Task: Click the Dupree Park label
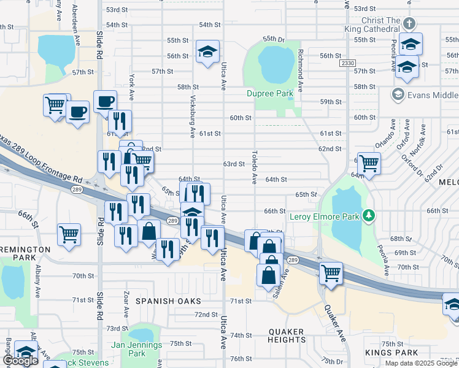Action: [x=271, y=94]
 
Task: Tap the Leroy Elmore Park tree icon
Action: [x=368, y=215]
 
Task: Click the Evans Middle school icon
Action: [x=398, y=94]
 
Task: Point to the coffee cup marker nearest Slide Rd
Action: [x=105, y=101]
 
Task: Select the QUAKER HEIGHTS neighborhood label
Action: [x=287, y=336]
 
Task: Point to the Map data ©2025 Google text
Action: [x=421, y=363]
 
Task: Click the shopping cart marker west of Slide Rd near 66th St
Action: [x=69, y=234]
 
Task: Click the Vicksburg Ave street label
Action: [x=192, y=116]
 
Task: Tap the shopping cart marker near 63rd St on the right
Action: [x=369, y=163]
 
